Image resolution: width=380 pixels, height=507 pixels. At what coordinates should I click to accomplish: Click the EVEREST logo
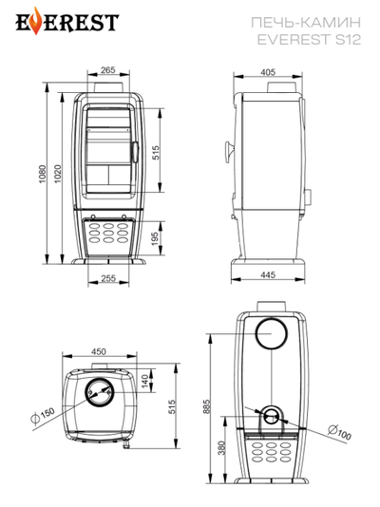[67, 21]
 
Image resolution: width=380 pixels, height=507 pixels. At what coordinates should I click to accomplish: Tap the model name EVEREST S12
[309, 40]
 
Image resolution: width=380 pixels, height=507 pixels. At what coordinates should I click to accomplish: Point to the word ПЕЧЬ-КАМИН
[306, 23]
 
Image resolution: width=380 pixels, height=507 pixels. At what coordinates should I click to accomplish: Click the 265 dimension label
[108, 70]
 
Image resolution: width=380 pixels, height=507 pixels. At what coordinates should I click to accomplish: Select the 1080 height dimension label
[43, 175]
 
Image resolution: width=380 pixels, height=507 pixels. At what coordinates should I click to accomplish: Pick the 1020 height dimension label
[58, 174]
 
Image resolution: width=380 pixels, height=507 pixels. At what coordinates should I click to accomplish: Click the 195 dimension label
[155, 238]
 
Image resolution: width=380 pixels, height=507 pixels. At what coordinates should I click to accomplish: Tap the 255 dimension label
[108, 278]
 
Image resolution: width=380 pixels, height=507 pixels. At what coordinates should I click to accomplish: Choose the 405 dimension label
[268, 72]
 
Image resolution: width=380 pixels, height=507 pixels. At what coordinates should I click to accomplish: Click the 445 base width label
[268, 274]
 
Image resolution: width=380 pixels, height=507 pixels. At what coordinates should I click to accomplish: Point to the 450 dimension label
[99, 351]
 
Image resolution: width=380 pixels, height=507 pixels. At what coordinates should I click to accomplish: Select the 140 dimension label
[145, 381]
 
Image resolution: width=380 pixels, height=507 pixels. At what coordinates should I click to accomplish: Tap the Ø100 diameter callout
[339, 432]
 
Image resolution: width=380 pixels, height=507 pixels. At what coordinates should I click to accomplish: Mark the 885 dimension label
[207, 406]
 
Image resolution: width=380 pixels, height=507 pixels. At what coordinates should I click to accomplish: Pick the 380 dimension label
[221, 448]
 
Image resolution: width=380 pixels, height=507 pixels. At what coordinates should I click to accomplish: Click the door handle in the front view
[135, 152]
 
